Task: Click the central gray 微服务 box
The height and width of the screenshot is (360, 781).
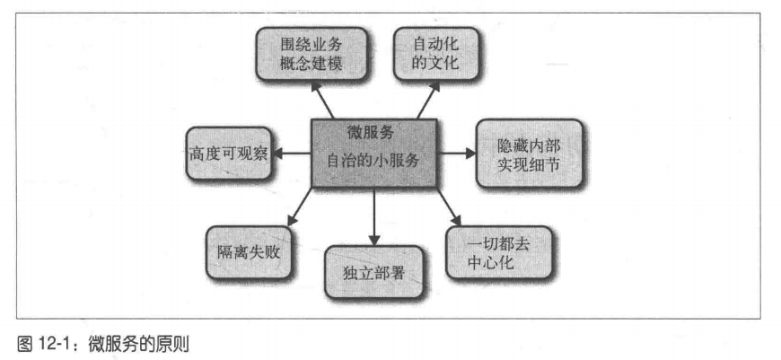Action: (373, 153)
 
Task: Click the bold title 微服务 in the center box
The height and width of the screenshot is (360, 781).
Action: (371, 132)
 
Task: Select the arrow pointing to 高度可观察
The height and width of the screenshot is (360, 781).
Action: (292, 153)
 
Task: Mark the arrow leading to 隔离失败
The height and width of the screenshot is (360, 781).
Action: (301, 208)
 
